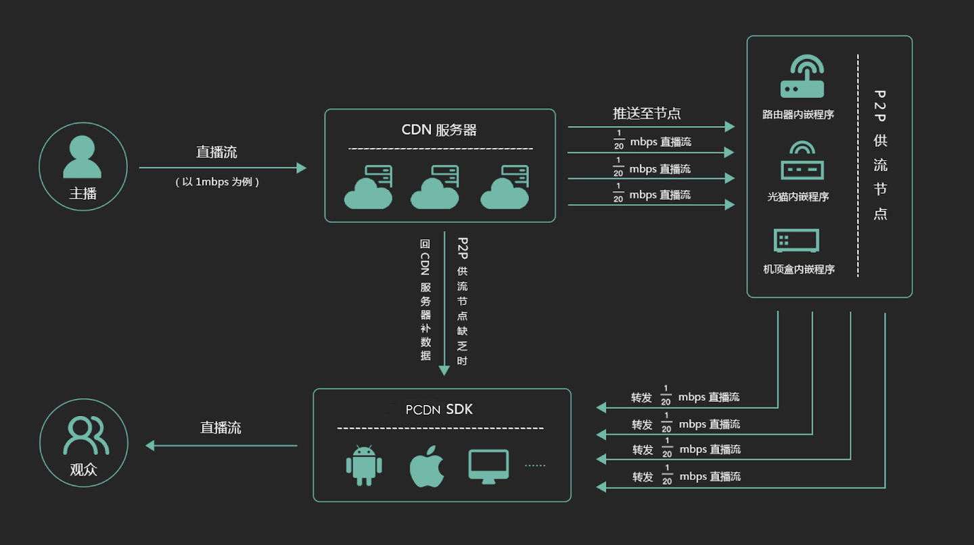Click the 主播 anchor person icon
pos(83,157)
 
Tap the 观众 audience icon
pos(85,436)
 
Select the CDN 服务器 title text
pos(440,130)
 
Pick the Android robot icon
pos(364,465)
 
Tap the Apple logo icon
pos(427,467)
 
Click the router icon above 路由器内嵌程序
pos(802,78)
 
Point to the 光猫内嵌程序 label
pos(798,197)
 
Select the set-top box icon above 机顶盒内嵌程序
pos(796,241)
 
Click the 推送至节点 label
pos(647,114)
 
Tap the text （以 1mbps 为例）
pos(217,182)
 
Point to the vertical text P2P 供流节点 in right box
pos(880,155)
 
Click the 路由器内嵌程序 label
pos(798,115)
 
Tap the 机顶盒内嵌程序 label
pos(799,269)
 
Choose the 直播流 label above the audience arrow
pos(221,427)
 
